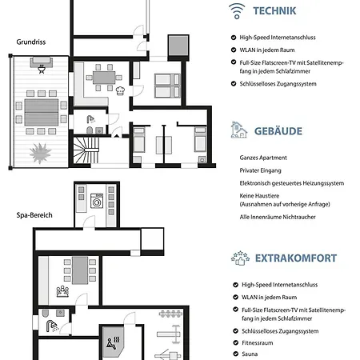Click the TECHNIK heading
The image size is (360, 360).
[274, 11]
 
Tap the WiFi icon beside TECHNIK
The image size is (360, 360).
[237, 11]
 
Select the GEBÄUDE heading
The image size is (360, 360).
[278, 131]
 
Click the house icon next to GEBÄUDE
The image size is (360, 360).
[239, 130]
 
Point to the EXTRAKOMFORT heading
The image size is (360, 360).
[296, 258]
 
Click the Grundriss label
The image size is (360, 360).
[31, 42]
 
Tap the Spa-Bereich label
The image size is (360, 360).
[34, 215]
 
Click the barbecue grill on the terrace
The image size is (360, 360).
[42, 69]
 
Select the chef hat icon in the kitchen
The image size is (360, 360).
[120, 90]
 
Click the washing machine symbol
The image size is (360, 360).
[97, 201]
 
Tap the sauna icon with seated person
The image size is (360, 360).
[114, 343]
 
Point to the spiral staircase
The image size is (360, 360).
[86, 150]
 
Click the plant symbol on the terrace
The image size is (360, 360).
[40, 153]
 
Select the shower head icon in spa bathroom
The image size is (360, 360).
[52, 326]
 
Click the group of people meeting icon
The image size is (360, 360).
[62, 291]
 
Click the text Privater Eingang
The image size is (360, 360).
[260, 170]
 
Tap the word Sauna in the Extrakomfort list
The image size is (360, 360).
[250, 354]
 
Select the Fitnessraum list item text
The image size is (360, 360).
[258, 343]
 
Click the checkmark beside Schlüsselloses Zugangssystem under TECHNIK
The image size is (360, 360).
[234, 84]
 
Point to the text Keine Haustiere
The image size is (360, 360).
[259, 196]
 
